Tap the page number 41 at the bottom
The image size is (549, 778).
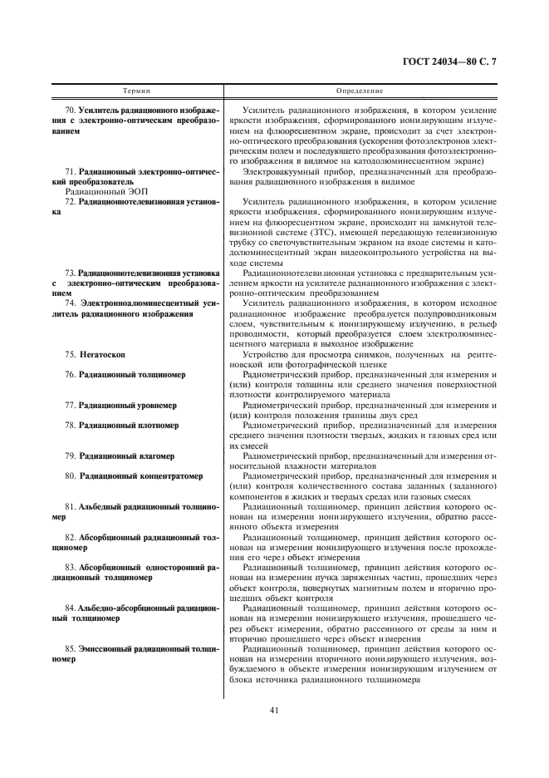273,709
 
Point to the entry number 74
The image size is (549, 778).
71,304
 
